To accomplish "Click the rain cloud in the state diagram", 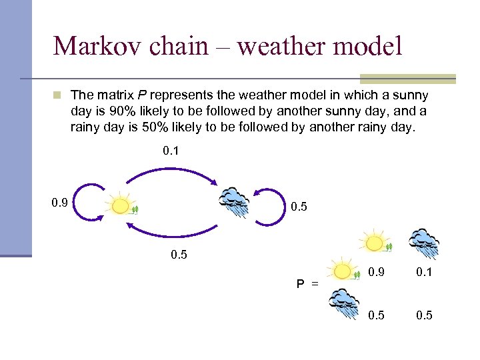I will pos(235,201).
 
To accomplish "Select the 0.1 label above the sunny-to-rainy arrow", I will pos(171,151).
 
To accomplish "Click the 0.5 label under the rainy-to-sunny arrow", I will pos(179,255).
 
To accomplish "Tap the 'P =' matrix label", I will pos(307,284).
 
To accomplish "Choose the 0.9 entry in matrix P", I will pos(376,273).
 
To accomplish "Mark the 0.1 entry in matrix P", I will pos(424,273).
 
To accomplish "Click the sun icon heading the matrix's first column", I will pos(376,243).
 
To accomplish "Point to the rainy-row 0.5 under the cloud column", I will pos(424,315).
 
